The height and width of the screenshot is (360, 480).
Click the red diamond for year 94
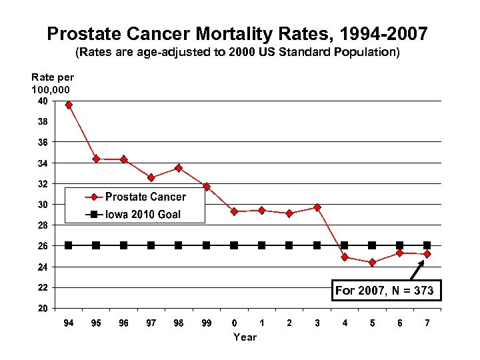tap(69, 105)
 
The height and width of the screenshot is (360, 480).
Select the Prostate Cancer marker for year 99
tap(207, 187)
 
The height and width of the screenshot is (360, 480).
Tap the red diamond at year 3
tap(317, 207)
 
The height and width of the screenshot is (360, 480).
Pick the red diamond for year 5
tap(372, 263)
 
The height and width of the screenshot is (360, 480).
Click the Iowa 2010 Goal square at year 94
tap(69, 245)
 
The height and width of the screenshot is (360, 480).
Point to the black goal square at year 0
tap(234, 245)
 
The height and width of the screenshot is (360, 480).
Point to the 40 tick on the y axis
tap(42, 101)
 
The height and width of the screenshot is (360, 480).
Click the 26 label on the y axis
tap(42, 246)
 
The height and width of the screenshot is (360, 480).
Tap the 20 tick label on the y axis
tap(42, 309)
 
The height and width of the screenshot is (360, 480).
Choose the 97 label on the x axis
tap(151, 323)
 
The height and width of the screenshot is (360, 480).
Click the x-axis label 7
tap(427, 323)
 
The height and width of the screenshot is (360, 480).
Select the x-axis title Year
tap(245, 337)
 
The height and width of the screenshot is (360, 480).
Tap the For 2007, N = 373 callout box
tap(385, 291)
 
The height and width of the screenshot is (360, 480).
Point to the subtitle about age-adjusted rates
tap(238, 51)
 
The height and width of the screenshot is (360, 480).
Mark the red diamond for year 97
tap(151, 177)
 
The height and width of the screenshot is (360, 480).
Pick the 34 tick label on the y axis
tap(42, 163)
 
